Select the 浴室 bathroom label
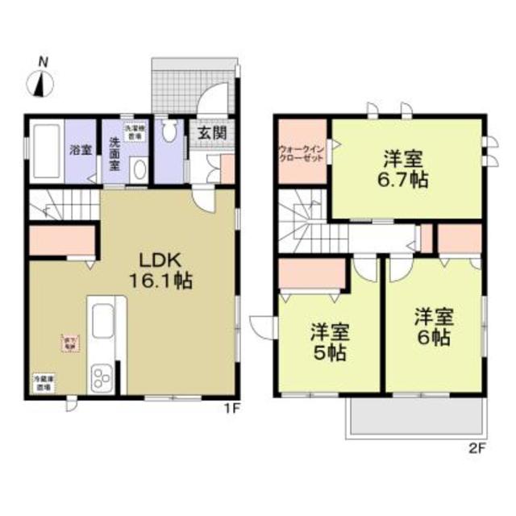[79, 151]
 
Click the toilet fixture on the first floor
[169, 134]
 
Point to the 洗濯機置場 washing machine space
[135, 132]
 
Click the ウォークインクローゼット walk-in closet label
[302, 153]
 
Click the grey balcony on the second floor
[414, 418]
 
